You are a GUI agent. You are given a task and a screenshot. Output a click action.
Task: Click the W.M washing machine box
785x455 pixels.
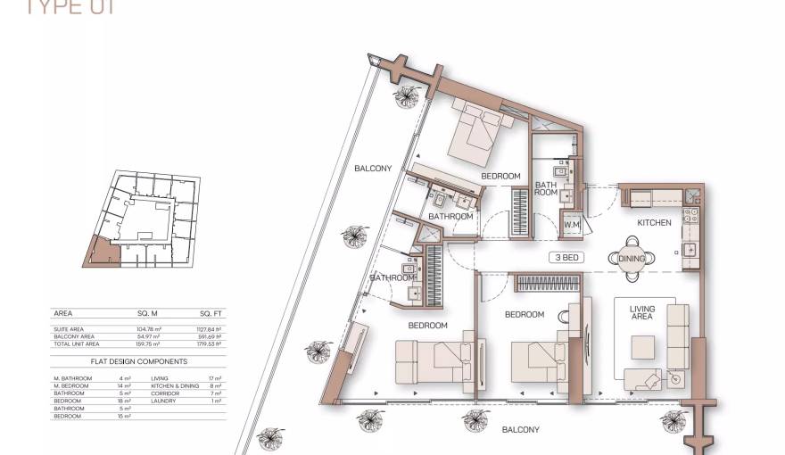pos(571,225)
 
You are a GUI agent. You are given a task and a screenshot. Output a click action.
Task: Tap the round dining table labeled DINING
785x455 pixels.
pos(632,258)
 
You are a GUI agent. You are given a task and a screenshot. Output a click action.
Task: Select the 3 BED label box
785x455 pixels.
pos(567,257)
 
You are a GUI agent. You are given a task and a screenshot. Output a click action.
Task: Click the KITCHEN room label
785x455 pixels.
pos(653,222)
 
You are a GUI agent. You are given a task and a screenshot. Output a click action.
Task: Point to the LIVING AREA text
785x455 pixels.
pos(641,313)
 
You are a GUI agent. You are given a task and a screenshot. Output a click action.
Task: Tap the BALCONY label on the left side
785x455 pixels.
pos(372,169)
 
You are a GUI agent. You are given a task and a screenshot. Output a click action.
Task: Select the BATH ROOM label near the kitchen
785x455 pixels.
pos(545,189)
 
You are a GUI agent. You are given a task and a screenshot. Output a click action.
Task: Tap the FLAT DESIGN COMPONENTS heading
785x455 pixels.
pos(139,361)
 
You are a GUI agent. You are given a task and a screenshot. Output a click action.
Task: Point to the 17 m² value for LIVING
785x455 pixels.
pos(215,378)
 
